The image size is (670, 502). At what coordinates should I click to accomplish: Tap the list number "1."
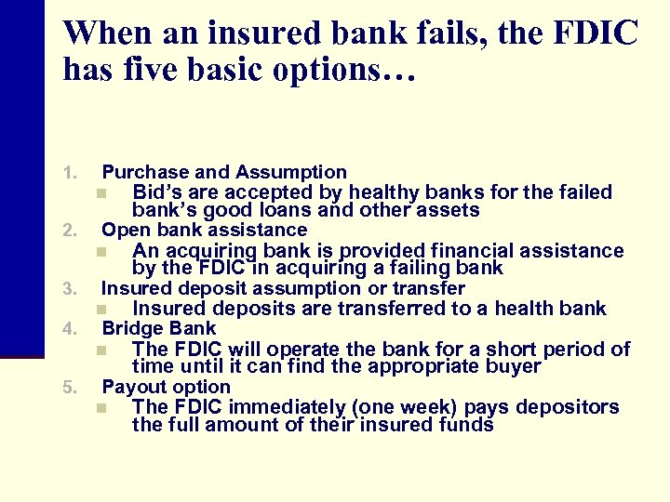coord(68,173)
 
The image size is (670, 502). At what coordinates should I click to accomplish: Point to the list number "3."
coord(68,289)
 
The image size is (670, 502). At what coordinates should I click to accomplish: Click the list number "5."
coord(68,388)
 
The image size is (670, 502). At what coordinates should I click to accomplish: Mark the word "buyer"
coord(511,366)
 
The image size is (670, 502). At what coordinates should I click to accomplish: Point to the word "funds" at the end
coord(467,426)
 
